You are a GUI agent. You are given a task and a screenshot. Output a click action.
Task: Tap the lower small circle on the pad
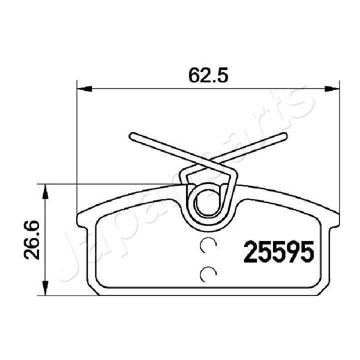click(207, 273)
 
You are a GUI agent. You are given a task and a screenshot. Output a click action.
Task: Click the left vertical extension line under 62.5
click(76, 150)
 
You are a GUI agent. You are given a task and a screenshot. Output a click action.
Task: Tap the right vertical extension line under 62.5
click(339, 150)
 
